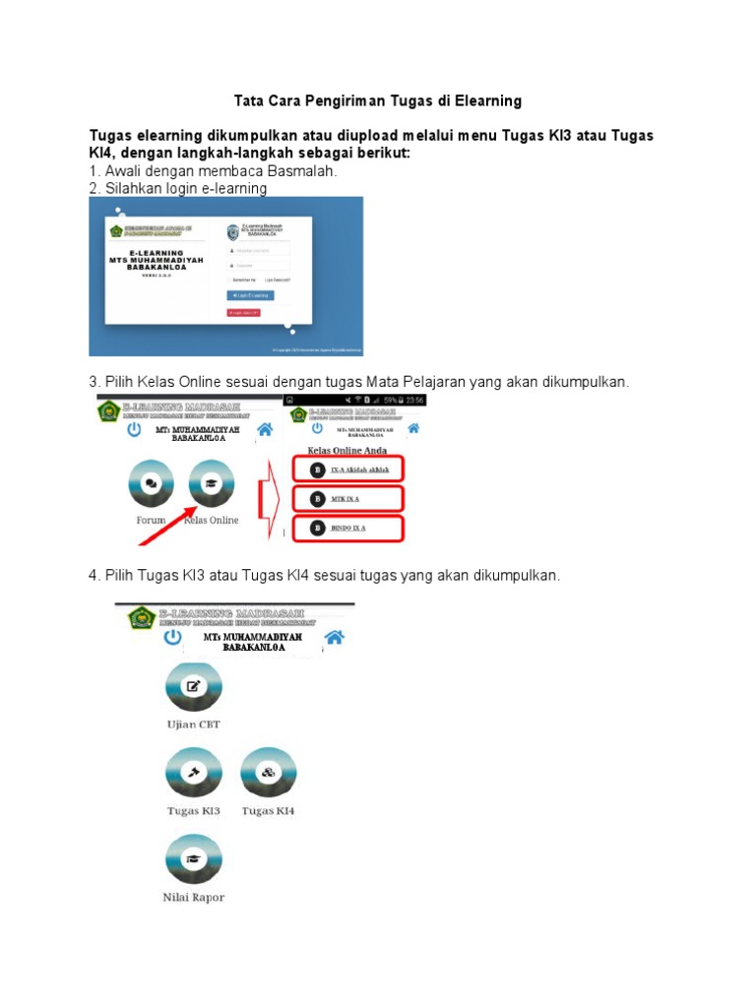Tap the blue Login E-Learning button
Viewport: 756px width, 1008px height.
tap(251, 294)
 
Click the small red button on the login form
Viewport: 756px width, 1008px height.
tap(244, 313)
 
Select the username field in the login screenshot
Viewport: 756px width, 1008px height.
tap(258, 250)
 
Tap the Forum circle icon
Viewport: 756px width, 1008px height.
tap(151, 484)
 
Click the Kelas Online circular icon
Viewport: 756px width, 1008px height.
tap(211, 484)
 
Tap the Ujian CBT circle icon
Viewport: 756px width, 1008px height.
tap(194, 687)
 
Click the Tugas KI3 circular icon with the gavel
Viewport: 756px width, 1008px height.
tap(194, 773)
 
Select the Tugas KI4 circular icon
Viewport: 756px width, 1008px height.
tap(268, 773)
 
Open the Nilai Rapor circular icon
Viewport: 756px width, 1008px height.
tap(194, 858)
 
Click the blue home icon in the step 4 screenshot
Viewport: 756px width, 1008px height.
tap(335, 637)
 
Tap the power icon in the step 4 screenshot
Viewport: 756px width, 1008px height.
tap(172, 637)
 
